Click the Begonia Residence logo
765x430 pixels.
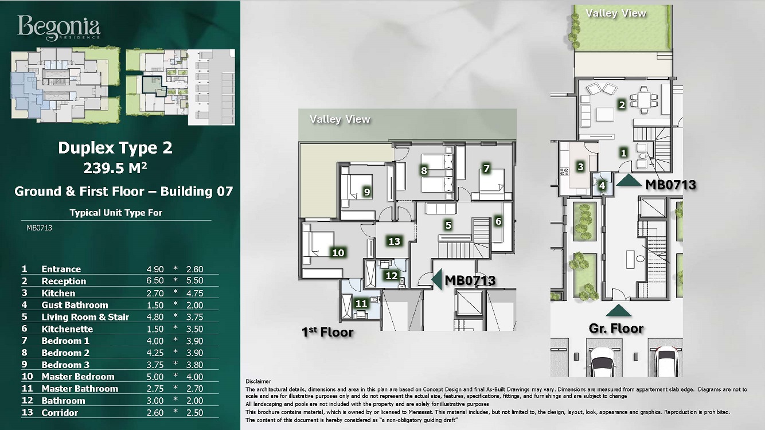(x=58, y=28)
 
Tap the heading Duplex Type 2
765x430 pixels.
(x=115, y=148)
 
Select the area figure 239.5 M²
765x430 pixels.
(x=115, y=167)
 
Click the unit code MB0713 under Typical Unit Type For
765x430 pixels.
(x=39, y=228)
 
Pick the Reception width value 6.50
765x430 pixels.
(x=155, y=281)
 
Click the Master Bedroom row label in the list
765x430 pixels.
(x=78, y=377)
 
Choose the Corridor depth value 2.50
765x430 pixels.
(x=194, y=413)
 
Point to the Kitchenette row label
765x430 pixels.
(x=67, y=329)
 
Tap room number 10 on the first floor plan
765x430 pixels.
(x=338, y=253)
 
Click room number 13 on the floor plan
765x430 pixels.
(x=394, y=241)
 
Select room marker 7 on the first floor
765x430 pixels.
(x=486, y=169)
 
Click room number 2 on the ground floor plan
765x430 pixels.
(x=622, y=105)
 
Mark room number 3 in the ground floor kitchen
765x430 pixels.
(x=580, y=167)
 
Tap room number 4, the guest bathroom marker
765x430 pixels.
(x=602, y=186)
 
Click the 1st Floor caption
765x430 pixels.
(x=327, y=332)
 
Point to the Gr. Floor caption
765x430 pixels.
(x=616, y=329)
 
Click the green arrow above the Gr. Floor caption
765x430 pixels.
(x=619, y=311)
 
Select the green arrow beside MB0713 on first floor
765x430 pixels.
(x=437, y=279)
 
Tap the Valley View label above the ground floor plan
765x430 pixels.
(x=616, y=13)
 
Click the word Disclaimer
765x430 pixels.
(x=258, y=381)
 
